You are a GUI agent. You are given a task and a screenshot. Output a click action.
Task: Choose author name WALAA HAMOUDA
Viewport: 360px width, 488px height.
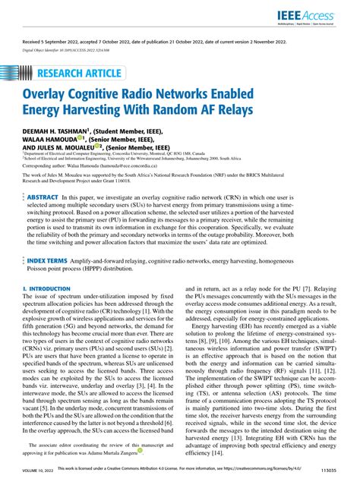tap(52, 139)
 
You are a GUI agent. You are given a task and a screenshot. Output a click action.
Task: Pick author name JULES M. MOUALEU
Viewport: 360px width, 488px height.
tap(75, 147)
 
